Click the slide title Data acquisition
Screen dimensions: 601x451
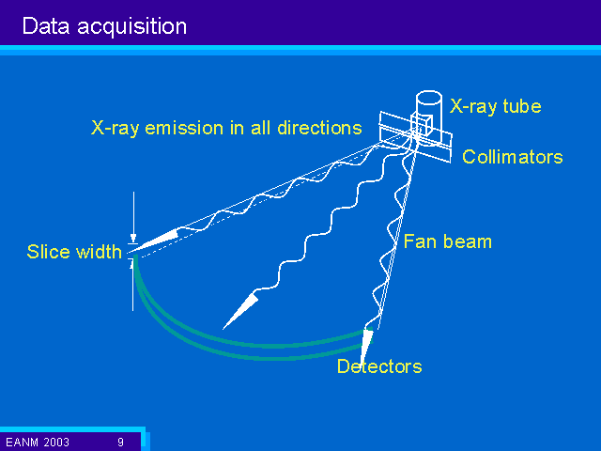tap(104, 26)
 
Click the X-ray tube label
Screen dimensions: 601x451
tap(495, 106)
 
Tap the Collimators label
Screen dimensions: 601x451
tap(513, 157)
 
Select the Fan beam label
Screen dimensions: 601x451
tap(448, 241)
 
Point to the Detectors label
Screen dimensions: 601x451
tap(379, 366)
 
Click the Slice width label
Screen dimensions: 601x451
tap(74, 252)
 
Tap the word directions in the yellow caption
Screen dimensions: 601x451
tap(319, 128)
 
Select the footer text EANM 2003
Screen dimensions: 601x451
tap(38, 443)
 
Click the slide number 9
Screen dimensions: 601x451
tap(121, 443)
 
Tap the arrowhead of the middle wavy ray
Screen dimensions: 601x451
tap(240, 311)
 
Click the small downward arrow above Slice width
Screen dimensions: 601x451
tap(133, 217)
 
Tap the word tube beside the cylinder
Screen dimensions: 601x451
tap(522, 106)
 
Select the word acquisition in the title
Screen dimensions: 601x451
tap(132, 27)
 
